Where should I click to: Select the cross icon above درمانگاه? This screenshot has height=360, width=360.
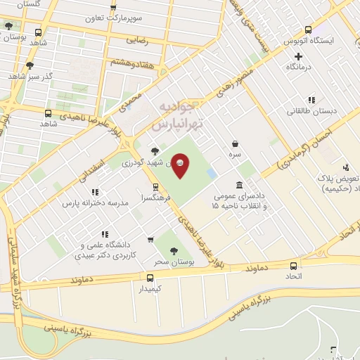(x=298, y=56)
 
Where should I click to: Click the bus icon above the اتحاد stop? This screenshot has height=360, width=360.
(x=293, y=265)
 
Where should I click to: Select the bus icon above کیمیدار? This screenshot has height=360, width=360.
(x=150, y=278)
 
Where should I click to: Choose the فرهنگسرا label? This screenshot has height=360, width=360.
(x=155, y=199)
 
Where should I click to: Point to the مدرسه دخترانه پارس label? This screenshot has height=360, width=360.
(x=94, y=202)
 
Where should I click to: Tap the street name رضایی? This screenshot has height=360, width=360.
(x=138, y=41)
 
